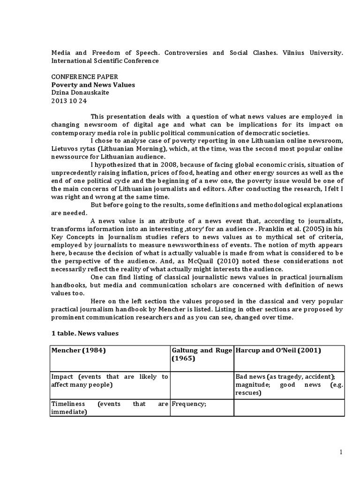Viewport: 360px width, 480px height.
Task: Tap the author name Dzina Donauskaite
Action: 81,93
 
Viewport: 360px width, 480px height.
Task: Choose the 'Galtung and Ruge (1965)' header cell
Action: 201,355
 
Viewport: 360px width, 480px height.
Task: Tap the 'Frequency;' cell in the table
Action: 189,404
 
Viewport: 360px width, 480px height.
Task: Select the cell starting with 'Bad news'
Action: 289,384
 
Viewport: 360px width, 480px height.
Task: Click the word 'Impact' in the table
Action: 63,376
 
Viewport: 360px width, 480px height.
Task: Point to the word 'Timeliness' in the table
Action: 68,404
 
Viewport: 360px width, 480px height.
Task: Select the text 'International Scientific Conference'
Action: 105,60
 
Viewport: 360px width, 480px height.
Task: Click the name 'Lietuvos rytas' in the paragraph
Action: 73,149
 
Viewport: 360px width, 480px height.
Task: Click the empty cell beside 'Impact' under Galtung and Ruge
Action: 201,384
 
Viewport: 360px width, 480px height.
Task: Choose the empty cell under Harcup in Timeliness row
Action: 289,407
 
